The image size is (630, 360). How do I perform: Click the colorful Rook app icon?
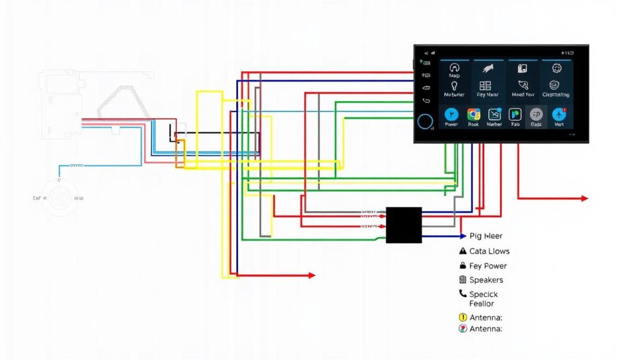(x=474, y=114)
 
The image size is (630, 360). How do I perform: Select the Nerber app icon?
(x=495, y=114)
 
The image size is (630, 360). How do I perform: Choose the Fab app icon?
(x=515, y=114)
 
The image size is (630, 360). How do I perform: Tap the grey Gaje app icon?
(x=536, y=114)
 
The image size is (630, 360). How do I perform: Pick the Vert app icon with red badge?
(x=559, y=114)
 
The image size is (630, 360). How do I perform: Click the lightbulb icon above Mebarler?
(x=455, y=86)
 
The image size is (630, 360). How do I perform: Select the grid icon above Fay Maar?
(x=485, y=86)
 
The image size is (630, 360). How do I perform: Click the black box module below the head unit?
(x=404, y=225)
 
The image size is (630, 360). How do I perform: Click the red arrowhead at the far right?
(x=584, y=198)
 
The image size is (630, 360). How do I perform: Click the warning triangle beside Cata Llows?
(x=463, y=251)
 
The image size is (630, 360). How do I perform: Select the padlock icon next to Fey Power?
(x=463, y=266)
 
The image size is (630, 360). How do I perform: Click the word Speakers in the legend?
(x=486, y=280)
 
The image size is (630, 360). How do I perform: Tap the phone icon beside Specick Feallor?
(x=463, y=294)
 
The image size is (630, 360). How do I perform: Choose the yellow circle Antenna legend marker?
(x=463, y=317)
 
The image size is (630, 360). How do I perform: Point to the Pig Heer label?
(x=485, y=236)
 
